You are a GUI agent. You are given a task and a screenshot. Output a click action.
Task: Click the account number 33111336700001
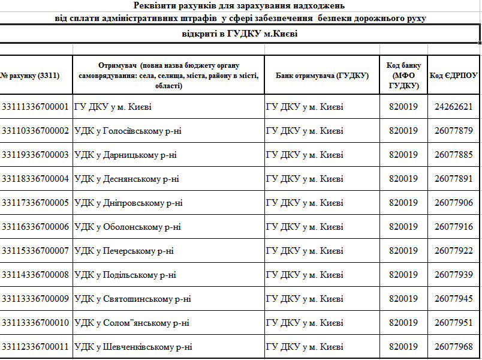(35, 107)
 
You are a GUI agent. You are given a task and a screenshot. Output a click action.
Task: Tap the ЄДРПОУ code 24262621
(454, 107)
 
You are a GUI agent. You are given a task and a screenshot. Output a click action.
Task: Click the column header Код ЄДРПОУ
(454, 76)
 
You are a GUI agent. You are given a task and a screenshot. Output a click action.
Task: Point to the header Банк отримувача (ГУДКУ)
(322, 76)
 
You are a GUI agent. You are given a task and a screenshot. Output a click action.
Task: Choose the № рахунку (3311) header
(30, 76)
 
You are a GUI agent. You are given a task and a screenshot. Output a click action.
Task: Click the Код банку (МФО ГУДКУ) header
(403, 76)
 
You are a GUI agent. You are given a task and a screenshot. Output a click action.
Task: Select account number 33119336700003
(35, 155)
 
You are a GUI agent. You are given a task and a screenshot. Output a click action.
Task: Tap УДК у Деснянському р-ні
(126, 179)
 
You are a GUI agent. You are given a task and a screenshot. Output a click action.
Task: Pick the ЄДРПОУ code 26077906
(454, 203)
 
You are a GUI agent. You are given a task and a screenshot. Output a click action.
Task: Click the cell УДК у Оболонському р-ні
(128, 227)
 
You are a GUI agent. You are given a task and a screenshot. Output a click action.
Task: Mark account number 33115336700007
(35, 251)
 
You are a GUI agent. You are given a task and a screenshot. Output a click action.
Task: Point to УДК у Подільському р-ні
(125, 275)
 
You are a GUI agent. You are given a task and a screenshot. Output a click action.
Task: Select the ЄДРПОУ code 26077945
(454, 299)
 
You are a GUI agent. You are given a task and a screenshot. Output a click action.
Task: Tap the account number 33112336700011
(35, 347)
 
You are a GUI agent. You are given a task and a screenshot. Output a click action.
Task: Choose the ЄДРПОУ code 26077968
(454, 347)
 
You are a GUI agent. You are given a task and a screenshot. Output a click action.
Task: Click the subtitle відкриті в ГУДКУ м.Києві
(240, 34)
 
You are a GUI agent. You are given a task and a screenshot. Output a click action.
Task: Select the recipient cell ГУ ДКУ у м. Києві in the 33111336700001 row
(113, 107)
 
